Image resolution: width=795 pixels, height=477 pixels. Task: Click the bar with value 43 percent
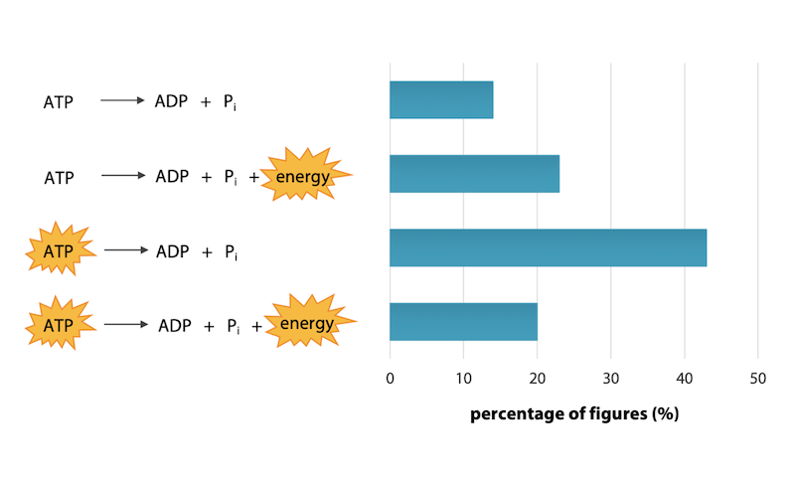coord(548,247)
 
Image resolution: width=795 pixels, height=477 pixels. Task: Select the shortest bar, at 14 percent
coord(441,99)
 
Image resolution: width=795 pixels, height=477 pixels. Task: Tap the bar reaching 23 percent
coord(474,174)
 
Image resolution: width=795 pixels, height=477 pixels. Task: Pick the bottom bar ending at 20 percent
coord(463,322)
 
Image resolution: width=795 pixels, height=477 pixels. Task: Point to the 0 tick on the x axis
coord(390,379)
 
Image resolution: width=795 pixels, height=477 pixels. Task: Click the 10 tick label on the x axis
coord(463,379)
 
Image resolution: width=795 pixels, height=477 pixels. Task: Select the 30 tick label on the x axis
coord(610,379)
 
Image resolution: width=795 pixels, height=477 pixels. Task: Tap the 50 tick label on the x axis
coord(757,379)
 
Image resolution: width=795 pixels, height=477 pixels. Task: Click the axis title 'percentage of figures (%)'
coord(573,413)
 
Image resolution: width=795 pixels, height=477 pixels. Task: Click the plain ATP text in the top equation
coord(59,102)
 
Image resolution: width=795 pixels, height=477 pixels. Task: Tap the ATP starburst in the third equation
coord(59,251)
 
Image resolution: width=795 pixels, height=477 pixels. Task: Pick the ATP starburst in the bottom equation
coord(59,325)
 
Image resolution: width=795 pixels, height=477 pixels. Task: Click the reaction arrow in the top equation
coord(122,100)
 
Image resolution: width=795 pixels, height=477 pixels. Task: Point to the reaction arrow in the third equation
coord(125,250)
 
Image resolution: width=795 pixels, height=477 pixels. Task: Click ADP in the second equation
coord(172,177)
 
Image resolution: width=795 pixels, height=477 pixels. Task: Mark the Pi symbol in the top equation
coord(230,102)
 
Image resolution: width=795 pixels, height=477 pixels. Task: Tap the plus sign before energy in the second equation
coord(253,178)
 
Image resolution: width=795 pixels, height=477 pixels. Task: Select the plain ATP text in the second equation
coord(59,178)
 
